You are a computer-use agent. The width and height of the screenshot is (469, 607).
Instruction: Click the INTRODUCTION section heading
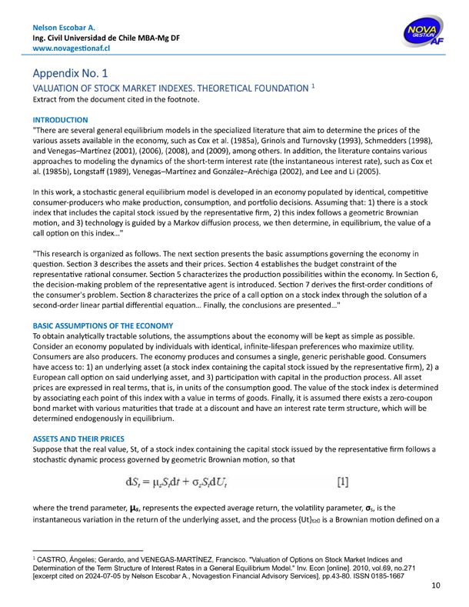tap(60, 120)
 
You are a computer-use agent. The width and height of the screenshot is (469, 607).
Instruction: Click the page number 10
tap(436, 586)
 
